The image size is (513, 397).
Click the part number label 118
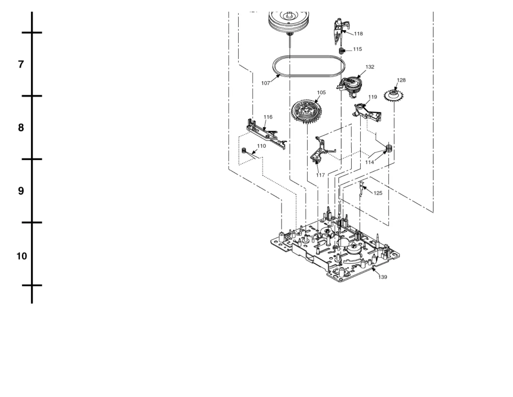pyautogui.click(x=358, y=34)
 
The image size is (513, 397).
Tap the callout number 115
pyautogui.click(x=357, y=49)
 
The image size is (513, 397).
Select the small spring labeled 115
pyautogui.click(x=341, y=51)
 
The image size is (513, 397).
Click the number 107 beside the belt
pyautogui.click(x=266, y=83)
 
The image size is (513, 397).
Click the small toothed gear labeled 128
pyautogui.click(x=393, y=95)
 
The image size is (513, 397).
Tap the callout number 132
pyautogui.click(x=370, y=67)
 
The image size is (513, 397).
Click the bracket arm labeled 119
pyautogui.click(x=368, y=112)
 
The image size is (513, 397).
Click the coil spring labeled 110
pyautogui.click(x=245, y=150)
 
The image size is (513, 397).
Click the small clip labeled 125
pyautogui.click(x=362, y=189)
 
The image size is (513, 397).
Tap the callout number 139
pyautogui.click(x=382, y=277)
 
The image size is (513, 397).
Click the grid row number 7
pyautogui.click(x=21, y=64)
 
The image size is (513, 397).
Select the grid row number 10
pyautogui.click(x=21, y=256)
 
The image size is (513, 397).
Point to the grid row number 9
pyautogui.click(x=21, y=191)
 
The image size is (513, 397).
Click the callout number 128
pyautogui.click(x=401, y=80)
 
